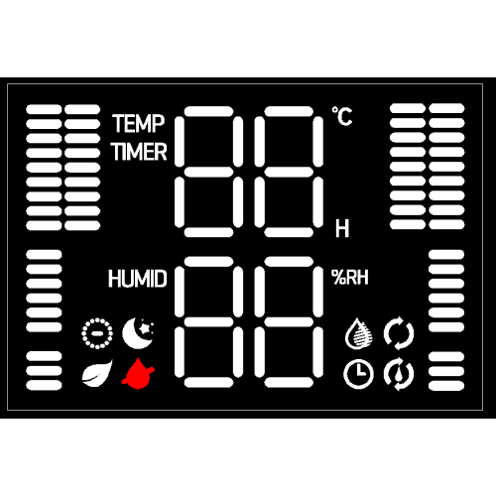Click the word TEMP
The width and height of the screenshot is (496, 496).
138,124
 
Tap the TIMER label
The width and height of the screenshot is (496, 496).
139,152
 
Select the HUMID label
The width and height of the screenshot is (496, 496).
138,279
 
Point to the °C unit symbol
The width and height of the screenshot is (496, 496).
342,116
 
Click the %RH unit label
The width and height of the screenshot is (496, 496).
350,278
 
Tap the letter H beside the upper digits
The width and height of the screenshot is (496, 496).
342,228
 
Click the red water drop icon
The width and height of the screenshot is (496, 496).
138,373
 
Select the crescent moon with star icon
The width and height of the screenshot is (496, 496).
138,333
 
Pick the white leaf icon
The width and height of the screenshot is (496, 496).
97,373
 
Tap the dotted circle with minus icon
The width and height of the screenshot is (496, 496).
97,333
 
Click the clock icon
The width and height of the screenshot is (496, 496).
359,374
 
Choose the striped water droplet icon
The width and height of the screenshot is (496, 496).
359,333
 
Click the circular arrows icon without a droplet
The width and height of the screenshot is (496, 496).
399,333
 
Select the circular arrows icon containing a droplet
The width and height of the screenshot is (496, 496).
399,374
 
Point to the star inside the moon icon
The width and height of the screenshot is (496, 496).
145,328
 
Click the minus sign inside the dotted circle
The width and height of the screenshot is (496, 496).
97,333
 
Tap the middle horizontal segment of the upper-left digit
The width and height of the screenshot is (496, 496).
208,172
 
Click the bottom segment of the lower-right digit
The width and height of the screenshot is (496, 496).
289,382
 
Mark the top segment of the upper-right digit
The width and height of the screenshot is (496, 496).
289,111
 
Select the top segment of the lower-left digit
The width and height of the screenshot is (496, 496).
208,262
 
